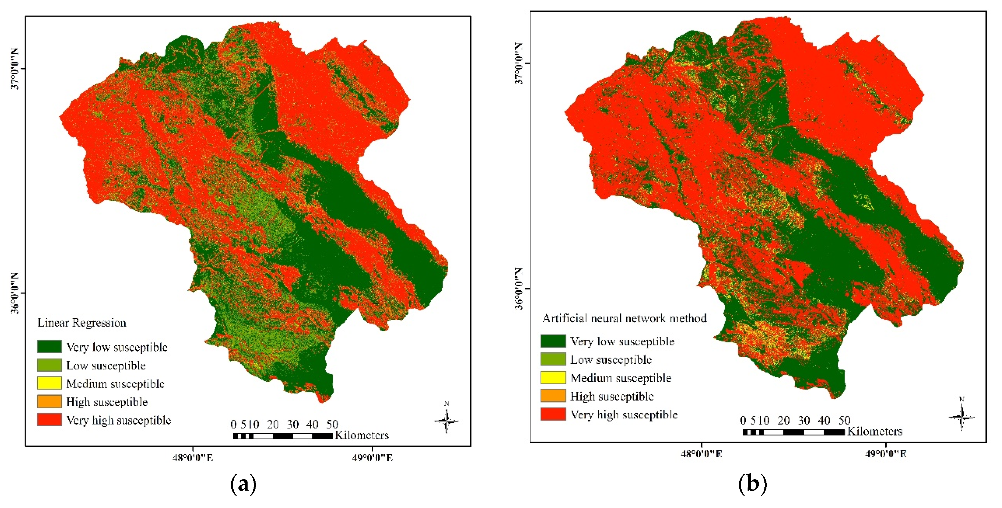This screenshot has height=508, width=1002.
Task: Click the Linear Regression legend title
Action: (x=82, y=323)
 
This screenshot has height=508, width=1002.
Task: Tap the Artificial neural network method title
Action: (x=624, y=318)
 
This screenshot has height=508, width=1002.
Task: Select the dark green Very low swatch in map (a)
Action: (x=49, y=346)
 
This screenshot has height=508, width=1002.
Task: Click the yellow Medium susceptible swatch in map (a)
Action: (x=49, y=383)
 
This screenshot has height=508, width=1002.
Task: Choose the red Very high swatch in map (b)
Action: (x=553, y=414)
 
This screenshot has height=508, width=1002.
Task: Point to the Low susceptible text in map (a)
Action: (x=106, y=365)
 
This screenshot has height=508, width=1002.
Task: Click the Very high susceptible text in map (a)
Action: (x=119, y=420)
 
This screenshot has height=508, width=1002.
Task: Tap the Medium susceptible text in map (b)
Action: (x=621, y=378)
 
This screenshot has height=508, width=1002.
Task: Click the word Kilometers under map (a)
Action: (x=362, y=435)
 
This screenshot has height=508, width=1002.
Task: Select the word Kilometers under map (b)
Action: (x=875, y=431)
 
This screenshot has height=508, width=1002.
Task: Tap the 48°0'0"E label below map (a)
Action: (x=193, y=458)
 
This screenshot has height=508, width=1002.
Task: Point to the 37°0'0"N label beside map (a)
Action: (x=15, y=69)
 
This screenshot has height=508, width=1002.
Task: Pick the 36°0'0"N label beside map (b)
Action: (x=519, y=289)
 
